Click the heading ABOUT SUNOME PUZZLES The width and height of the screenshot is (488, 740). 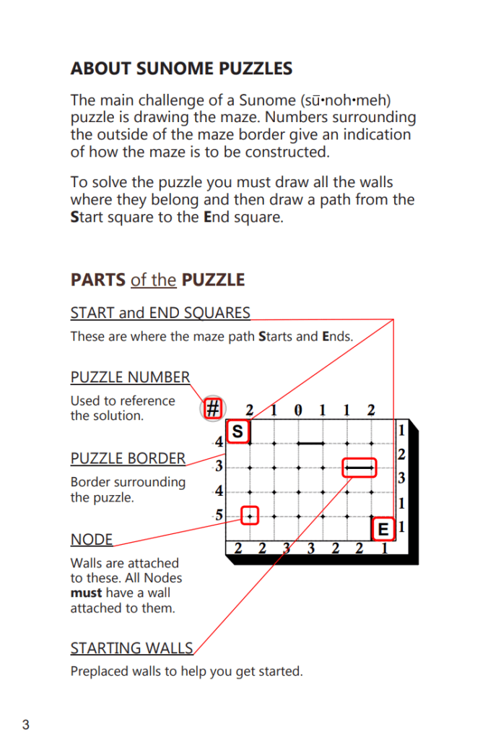181,69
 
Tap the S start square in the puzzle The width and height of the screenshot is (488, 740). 238,431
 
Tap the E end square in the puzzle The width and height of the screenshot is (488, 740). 383,529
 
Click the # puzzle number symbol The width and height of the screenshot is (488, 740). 212,409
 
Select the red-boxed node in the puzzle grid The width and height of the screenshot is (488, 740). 250,516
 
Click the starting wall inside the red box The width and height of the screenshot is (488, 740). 360,468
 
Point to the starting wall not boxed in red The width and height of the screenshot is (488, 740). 311,443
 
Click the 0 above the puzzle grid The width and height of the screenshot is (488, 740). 298,410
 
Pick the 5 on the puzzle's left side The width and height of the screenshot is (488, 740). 218,516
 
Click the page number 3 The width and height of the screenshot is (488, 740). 26,725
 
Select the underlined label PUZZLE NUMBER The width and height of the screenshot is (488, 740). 130,377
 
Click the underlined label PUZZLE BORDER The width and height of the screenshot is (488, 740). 128,458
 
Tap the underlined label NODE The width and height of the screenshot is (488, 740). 91,540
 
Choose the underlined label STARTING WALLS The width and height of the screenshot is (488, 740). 131,647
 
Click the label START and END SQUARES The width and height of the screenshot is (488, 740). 160,313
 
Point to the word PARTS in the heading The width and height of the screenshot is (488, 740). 97,280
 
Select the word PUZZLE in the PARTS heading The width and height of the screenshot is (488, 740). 213,280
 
